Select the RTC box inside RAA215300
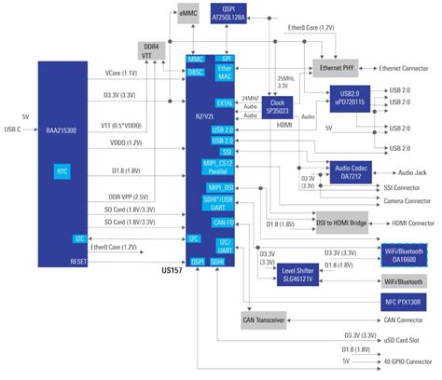pyautogui.click(x=62, y=170)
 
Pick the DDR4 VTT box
pyautogui.click(x=149, y=50)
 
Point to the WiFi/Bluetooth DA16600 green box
pyautogui.click(x=403, y=254)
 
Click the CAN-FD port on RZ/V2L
pyautogui.click(x=223, y=222)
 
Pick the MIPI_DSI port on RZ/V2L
pyautogui.click(x=223, y=185)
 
